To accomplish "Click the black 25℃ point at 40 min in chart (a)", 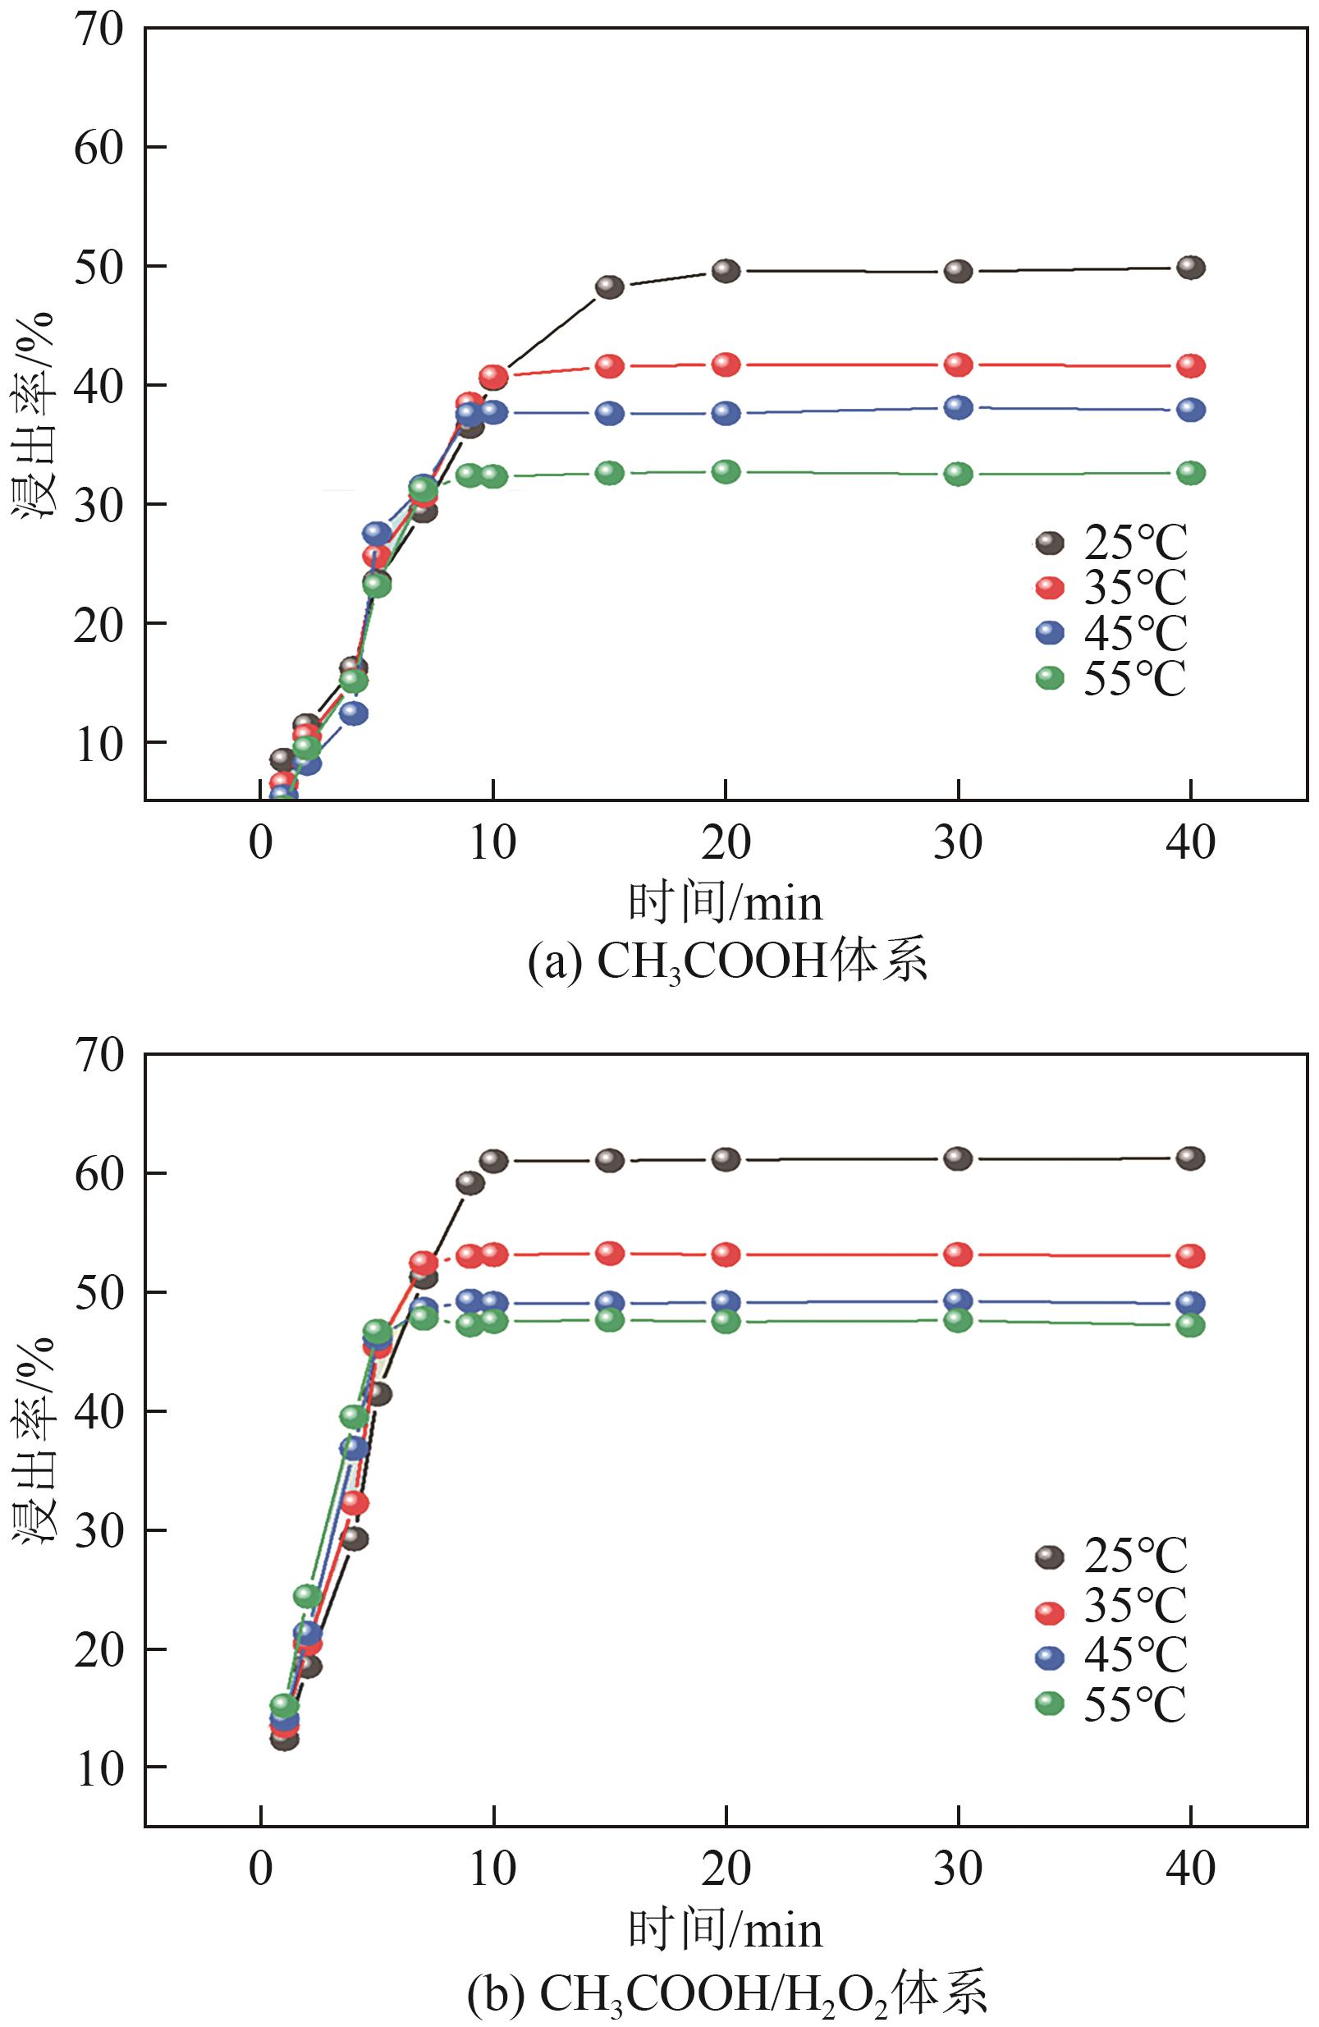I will pos(1190,268).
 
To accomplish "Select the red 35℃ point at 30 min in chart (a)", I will pos(958,365).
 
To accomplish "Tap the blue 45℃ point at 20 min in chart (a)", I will pos(726,413).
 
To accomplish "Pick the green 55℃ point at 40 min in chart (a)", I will pos(1190,473).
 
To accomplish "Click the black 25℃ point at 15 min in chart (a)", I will pos(609,287).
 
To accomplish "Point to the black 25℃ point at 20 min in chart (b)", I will pos(726,1159).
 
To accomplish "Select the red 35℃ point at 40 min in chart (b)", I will pos(1190,1255).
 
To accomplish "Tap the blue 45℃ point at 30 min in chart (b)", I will pos(958,1300).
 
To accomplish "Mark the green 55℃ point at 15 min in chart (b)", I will pos(609,1319).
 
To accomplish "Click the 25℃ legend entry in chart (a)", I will pos(1111,543).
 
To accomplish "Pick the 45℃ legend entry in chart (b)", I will pos(1111,1653).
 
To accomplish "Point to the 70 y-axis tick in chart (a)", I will pos(98,29).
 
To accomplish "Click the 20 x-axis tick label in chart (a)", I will pos(726,843).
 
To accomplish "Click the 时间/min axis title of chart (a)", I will pos(726,904).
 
